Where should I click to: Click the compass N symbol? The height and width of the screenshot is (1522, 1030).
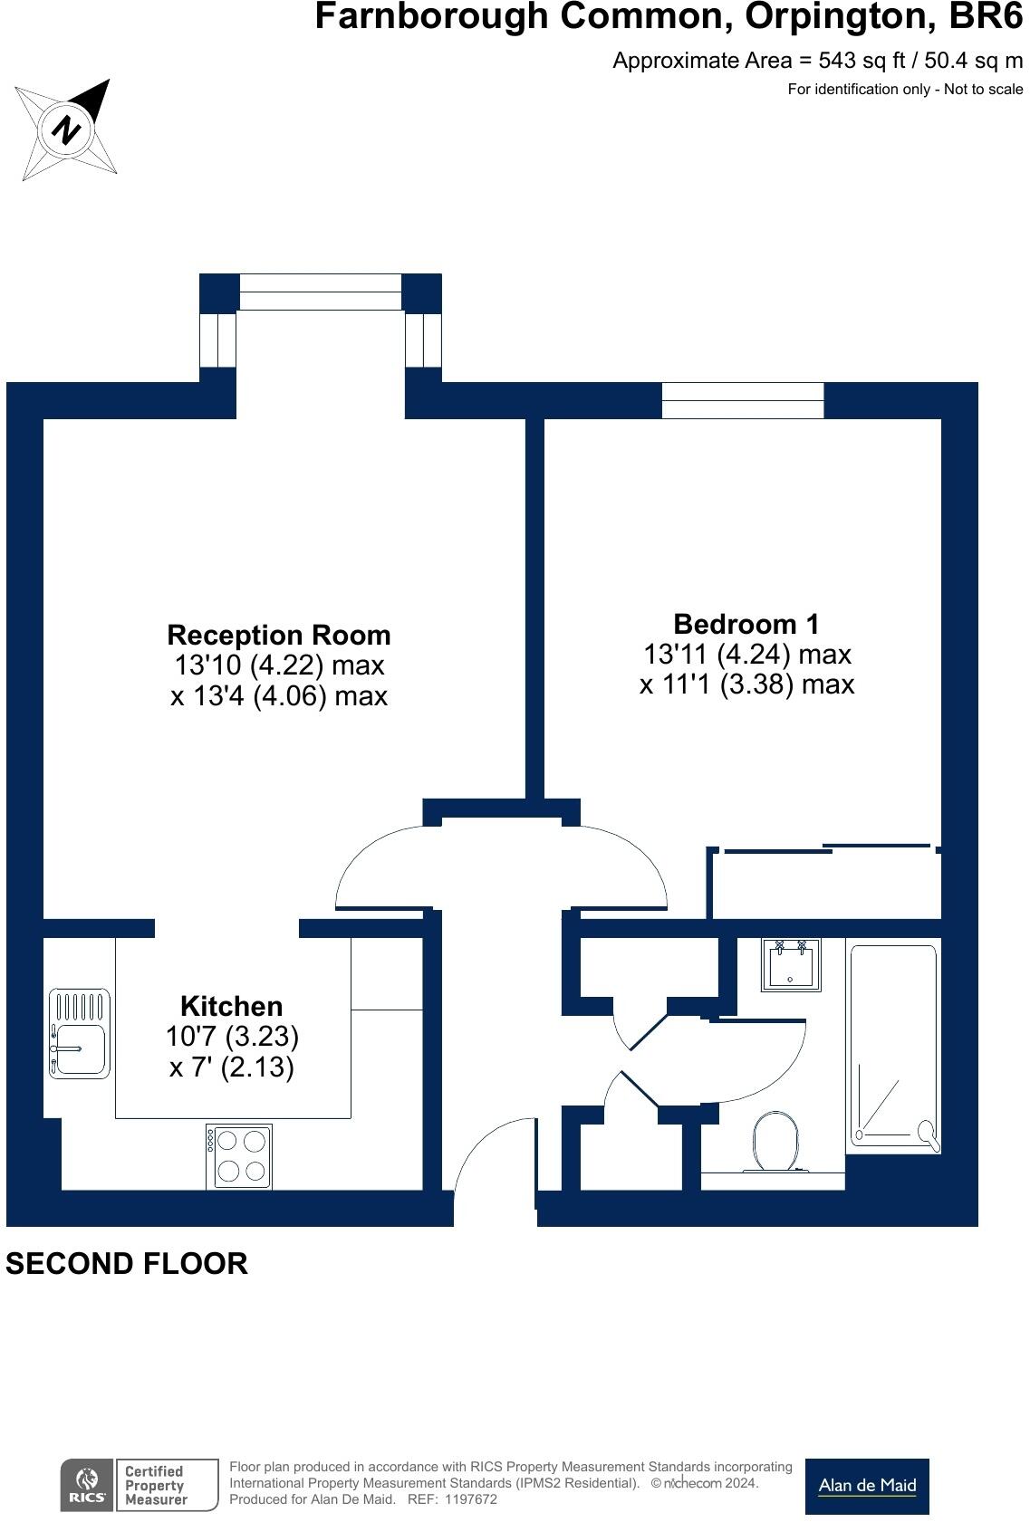coord(66,129)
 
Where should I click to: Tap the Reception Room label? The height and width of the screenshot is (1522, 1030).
coord(279,635)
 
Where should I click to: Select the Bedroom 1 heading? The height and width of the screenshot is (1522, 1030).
coord(746,624)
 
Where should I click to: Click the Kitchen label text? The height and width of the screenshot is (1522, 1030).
coord(231,1006)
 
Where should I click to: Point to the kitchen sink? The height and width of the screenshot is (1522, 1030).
coord(80,1034)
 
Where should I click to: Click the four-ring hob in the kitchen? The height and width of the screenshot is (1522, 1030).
coord(239,1156)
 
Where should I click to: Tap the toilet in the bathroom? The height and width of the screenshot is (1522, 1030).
coord(775,1141)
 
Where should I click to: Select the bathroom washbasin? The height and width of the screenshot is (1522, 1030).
coord(791,965)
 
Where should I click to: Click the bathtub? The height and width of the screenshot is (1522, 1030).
coord(893,1048)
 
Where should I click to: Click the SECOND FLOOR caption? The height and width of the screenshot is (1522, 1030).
coord(127,1264)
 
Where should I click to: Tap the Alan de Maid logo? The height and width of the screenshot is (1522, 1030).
coord(867,1486)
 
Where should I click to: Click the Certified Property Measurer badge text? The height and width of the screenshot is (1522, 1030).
coord(156,1486)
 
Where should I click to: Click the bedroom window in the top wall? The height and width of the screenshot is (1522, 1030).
coord(743,400)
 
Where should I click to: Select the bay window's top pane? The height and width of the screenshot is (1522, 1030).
coord(321,292)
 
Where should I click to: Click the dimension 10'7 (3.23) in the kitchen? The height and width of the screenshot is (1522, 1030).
coord(232,1036)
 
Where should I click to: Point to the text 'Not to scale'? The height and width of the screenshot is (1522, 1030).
coord(984,89)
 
